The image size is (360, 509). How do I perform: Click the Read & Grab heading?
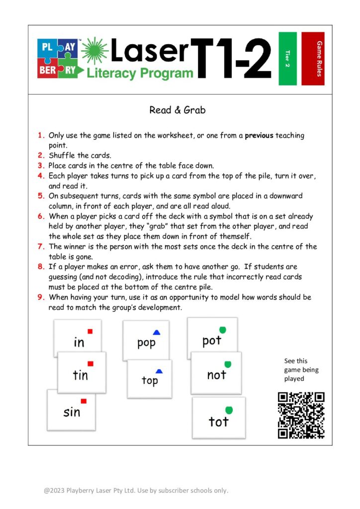click(177, 110)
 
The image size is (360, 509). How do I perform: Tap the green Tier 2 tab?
click(287, 59)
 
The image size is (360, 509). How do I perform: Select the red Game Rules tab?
click(313, 59)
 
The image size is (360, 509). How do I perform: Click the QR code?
click(301, 415)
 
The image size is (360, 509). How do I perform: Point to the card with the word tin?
click(82, 373)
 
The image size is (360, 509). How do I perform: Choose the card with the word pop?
click(146, 340)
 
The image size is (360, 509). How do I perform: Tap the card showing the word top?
click(149, 379)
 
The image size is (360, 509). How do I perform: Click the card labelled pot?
click(212, 338)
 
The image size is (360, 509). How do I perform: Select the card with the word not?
click(216, 373)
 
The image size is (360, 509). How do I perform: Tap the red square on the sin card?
click(84, 401)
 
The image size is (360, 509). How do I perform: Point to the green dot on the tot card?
click(229, 410)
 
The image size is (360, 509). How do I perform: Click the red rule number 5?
click(41, 196)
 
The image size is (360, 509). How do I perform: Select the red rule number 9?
click(41, 297)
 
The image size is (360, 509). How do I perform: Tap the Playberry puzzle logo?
click(57, 59)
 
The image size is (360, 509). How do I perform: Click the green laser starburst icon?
click(94, 51)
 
